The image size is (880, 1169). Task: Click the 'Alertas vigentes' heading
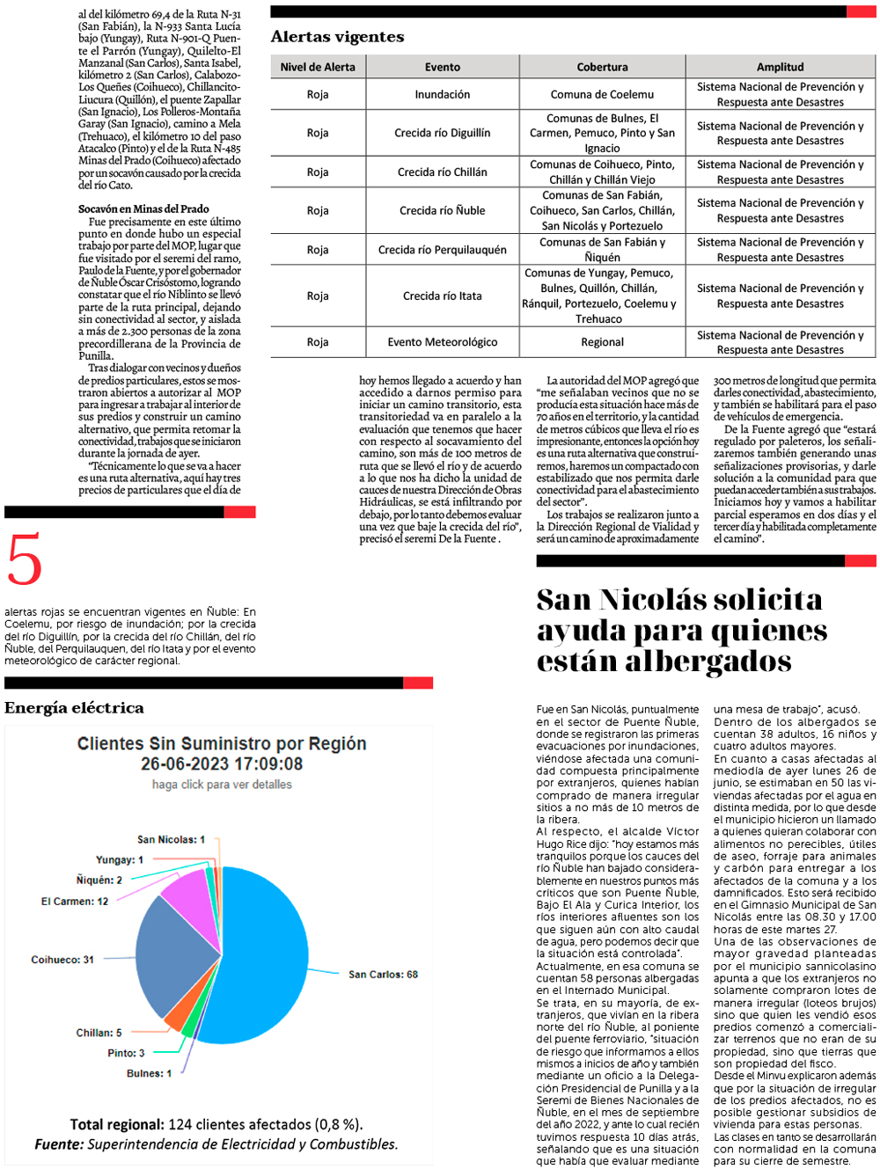[337, 37]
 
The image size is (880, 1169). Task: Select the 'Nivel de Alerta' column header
[318, 67]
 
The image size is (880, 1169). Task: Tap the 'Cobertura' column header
[602, 67]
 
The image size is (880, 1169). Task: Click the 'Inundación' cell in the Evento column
[442, 94]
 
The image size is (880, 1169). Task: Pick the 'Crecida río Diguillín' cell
[442, 133]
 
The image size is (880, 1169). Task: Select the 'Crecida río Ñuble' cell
[442, 210]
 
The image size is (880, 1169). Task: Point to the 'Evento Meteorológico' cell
[442, 342]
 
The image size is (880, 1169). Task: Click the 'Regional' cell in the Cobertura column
[602, 342]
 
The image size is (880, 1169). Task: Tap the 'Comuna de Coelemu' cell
[602, 94]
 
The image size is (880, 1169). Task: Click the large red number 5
[24, 559]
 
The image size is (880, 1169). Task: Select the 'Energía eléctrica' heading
[74, 708]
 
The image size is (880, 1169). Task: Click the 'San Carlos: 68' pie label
[383, 975]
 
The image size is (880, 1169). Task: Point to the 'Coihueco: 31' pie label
[62, 960]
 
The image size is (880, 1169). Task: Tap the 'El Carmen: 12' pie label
[75, 902]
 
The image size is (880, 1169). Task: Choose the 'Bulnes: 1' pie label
[149, 1074]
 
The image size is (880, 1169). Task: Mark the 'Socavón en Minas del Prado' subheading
[143, 209]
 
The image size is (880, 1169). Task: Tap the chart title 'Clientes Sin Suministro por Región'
[222, 744]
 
